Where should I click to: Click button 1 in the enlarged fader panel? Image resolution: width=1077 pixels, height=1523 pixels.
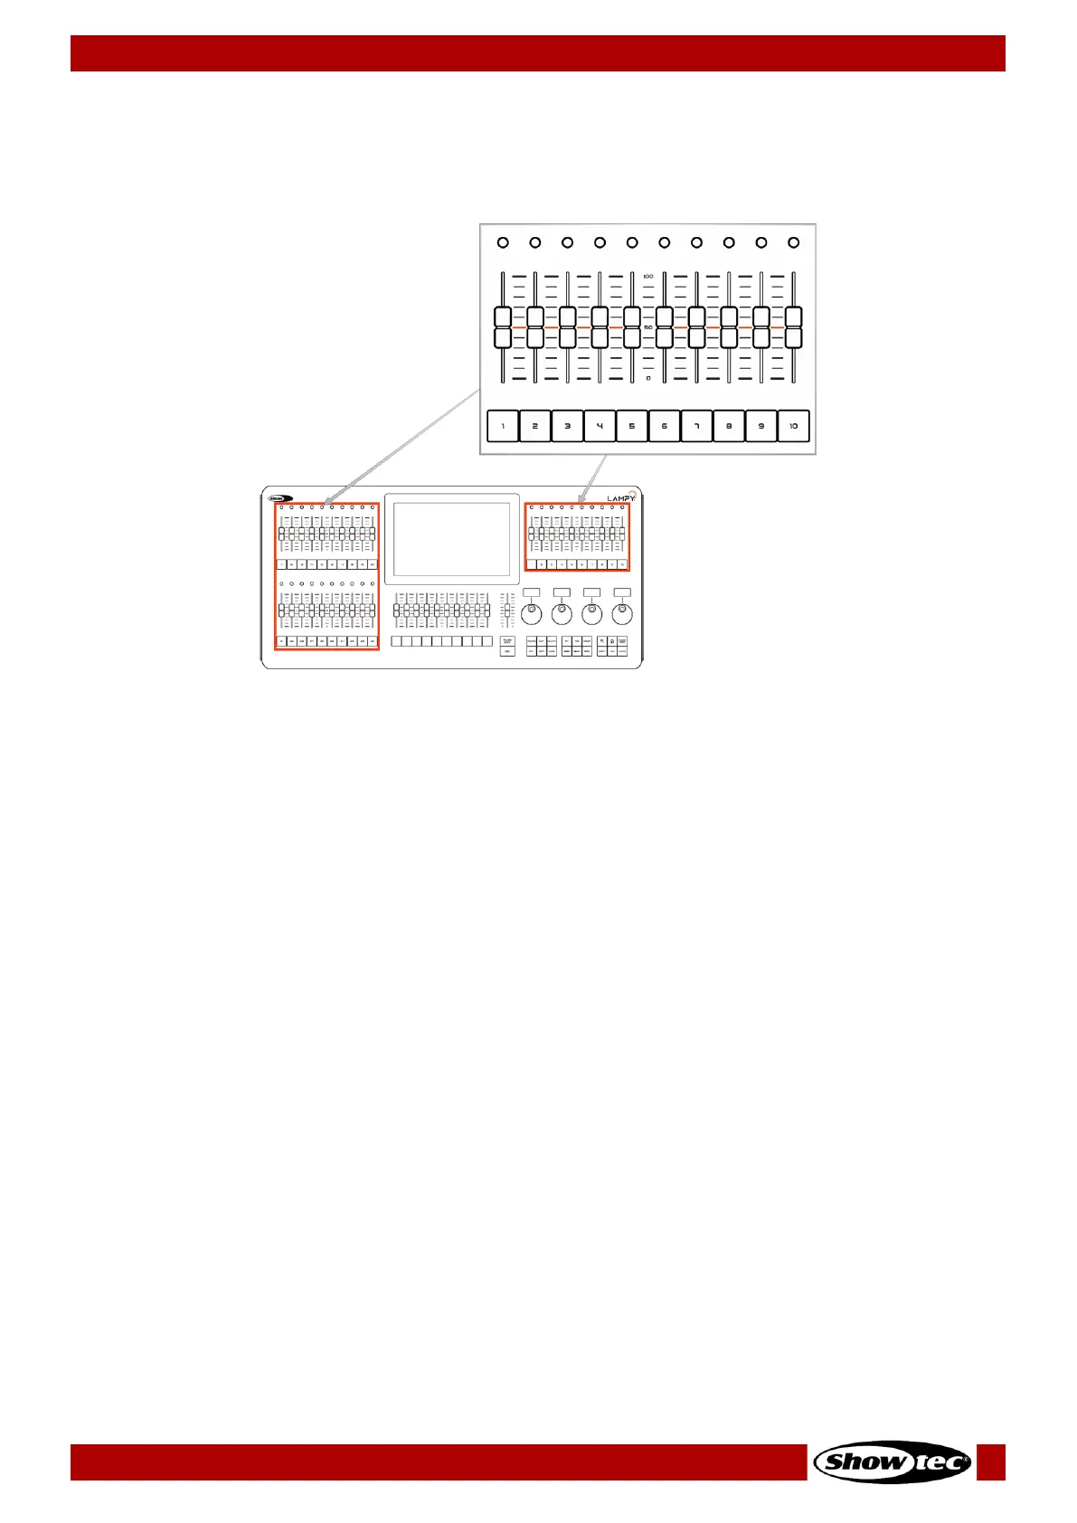click(x=503, y=426)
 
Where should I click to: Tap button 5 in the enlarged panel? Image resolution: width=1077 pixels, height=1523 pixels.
click(x=632, y=426)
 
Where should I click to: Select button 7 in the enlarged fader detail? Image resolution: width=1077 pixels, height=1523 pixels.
click(x=696, y=426)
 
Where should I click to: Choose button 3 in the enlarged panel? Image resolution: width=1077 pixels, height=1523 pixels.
click(x=568, y=426)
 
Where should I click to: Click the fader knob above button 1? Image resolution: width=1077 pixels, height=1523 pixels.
click(x=503, y=327)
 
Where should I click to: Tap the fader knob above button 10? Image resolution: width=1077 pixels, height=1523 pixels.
click(x=793, y=327)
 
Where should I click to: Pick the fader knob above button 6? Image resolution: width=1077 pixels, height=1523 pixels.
click(x=665, y=327)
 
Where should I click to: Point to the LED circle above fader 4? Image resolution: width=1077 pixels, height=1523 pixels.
click(x=600, y=242)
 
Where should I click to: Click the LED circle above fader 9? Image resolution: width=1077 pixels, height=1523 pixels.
click(x=761, y=242)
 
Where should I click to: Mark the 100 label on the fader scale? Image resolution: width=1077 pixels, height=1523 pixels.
click(x=648, y=276)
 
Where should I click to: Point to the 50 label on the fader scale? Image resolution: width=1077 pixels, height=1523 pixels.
click(x=648, y=327)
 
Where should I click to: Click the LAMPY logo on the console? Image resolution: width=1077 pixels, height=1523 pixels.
click(x=620, y=497)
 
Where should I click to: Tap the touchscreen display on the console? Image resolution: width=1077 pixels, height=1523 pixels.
click(x=452, y=539)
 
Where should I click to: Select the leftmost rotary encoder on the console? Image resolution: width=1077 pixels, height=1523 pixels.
click(x=533, y=615)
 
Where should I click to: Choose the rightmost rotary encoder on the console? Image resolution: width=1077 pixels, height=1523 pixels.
click(x=622, y=615)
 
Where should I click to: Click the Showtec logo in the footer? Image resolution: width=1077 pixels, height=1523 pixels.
click(x=893, y=1462)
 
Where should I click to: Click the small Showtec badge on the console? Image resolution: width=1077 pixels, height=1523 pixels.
click(x=280, y=497)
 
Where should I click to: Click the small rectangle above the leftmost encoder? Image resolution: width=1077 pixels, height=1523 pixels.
click(x=532, y=592)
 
